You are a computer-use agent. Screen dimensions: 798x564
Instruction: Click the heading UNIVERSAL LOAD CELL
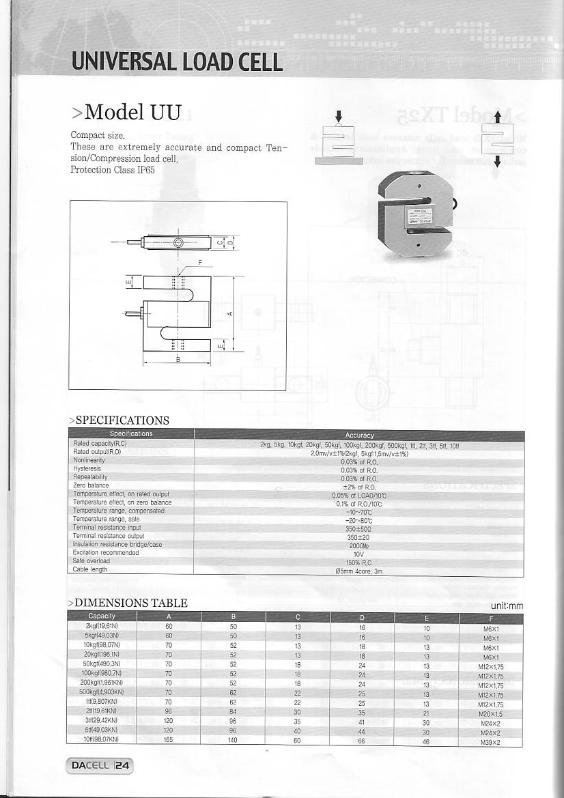coord(178,62)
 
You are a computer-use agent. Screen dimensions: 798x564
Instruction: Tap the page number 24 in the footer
coord(122,766)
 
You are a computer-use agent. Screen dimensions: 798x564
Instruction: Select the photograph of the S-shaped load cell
coord(415,213)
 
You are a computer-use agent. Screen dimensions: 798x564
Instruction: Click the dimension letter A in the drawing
coord(229,313)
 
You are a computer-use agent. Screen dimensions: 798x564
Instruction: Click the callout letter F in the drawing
coord(200,261)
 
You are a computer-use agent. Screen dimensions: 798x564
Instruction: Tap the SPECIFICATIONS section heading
coord(119,421)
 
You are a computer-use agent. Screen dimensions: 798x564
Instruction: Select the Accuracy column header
coord(359,435)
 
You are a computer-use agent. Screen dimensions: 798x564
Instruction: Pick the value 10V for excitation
coord(358,554)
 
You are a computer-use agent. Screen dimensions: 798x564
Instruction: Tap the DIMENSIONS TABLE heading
coord(128,603)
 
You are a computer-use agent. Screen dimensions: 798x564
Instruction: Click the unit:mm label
coord(507,605)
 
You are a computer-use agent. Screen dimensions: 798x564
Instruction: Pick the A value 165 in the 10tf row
coord(169,739)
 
